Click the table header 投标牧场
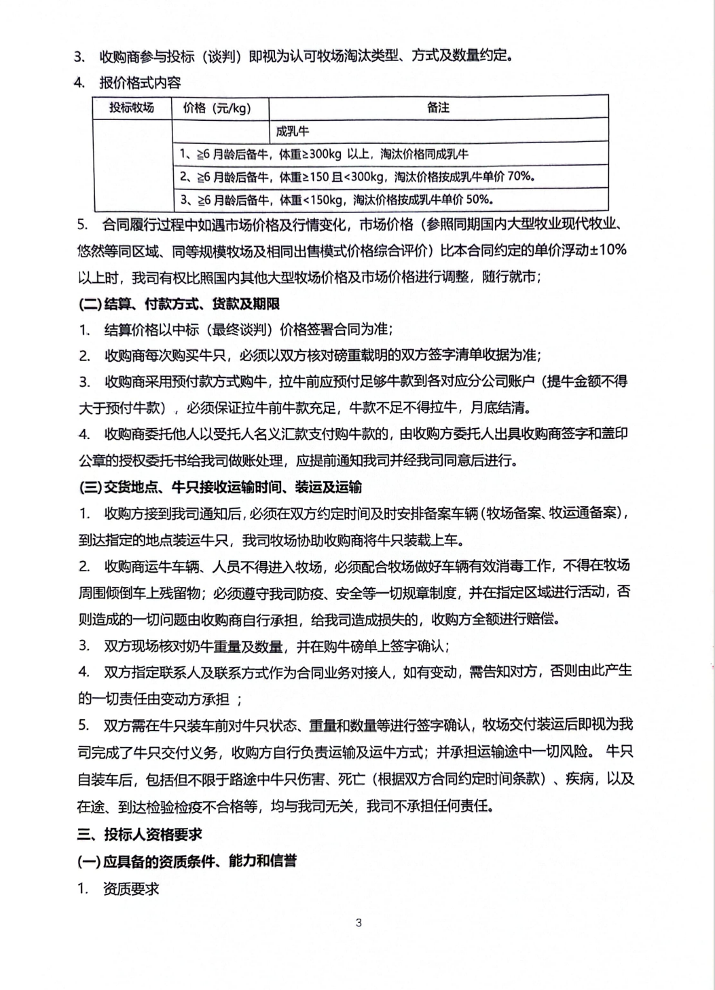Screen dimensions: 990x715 pos(132,108)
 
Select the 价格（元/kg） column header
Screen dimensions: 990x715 pos(217,108)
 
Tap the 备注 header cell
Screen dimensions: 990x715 pos(438,108)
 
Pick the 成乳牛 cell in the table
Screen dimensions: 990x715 pos(292,131)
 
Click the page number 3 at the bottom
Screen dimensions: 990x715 pos(359,922)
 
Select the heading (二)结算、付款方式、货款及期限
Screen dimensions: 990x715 pos(179,303)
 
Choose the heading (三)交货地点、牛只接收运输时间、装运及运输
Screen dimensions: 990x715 pos(219,487)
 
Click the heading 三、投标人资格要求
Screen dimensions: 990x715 pos(139,834)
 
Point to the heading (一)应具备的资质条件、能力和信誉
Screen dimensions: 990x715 pos(187,861)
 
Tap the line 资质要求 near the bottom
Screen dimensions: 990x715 pos(131,888)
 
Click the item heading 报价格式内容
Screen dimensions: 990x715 pos(140,83)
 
